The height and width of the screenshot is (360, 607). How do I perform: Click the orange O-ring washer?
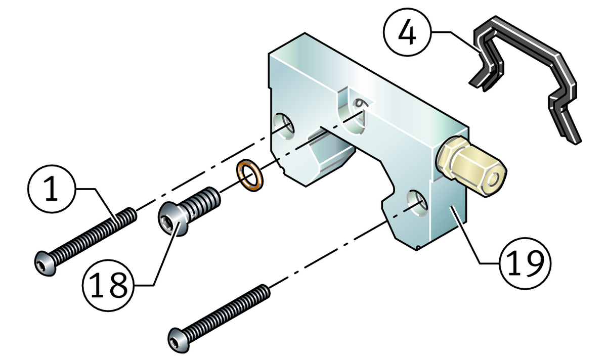(248, 174)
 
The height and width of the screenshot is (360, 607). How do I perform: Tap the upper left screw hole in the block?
(283, 125)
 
